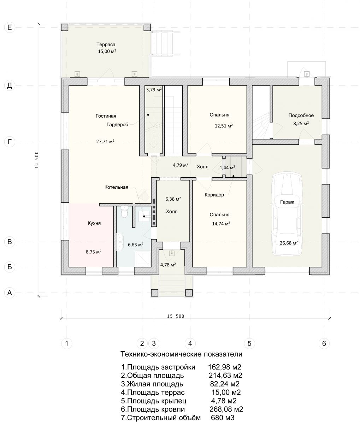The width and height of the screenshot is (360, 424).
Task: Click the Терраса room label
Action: tap(106, 45)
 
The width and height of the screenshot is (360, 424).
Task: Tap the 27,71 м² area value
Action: tap(105, 141)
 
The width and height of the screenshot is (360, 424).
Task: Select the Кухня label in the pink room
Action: tap(94, 223)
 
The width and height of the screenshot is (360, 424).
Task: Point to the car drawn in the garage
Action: tap(287, 213)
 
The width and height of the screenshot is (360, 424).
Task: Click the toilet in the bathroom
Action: tap(124, 212)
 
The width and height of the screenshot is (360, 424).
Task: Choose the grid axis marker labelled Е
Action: tap(10, 27)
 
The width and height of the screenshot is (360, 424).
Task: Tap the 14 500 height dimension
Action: tap(37, 160)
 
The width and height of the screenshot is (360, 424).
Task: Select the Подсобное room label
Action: tap(301, 116)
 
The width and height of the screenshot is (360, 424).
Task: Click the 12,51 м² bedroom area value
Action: tap(224, 125)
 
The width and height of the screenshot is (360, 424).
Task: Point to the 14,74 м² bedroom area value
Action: tap(221, 223)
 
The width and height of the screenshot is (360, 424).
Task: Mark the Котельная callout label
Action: tap(116, 187)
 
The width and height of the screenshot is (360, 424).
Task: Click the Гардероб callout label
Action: tap(117, 124)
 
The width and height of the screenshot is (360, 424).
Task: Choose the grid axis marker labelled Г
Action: tap(10, 142)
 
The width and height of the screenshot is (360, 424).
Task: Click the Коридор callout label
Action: tap(214, 195)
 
